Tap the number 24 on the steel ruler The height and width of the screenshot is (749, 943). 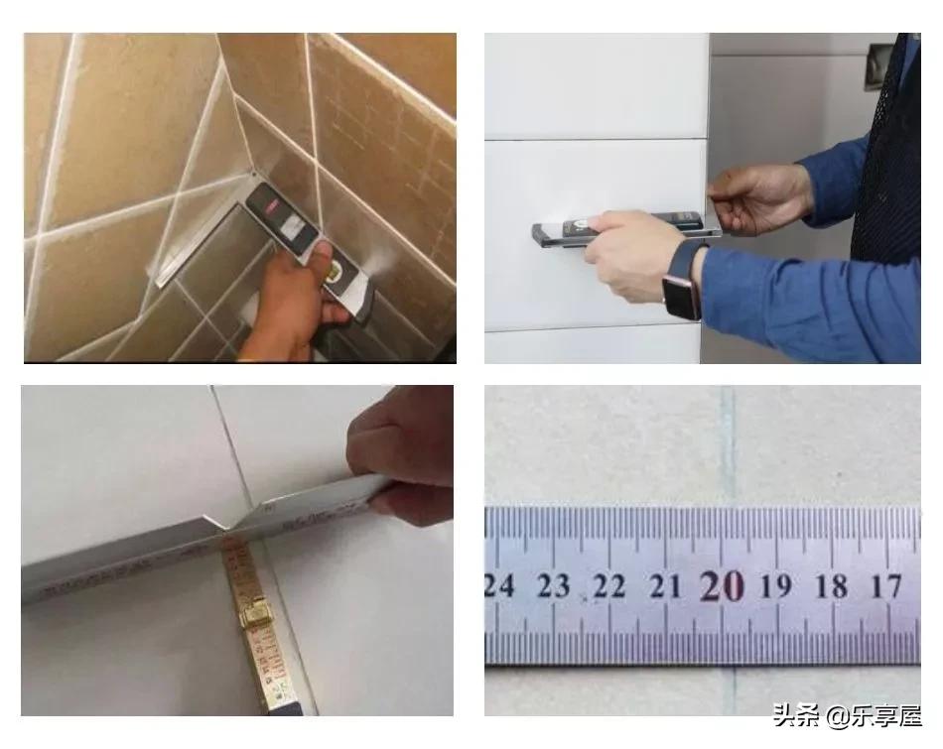499,585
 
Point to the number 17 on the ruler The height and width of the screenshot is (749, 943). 885,585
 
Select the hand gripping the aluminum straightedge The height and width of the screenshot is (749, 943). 402,461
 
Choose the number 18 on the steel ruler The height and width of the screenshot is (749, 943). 832,586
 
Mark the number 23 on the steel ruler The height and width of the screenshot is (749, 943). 553,586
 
